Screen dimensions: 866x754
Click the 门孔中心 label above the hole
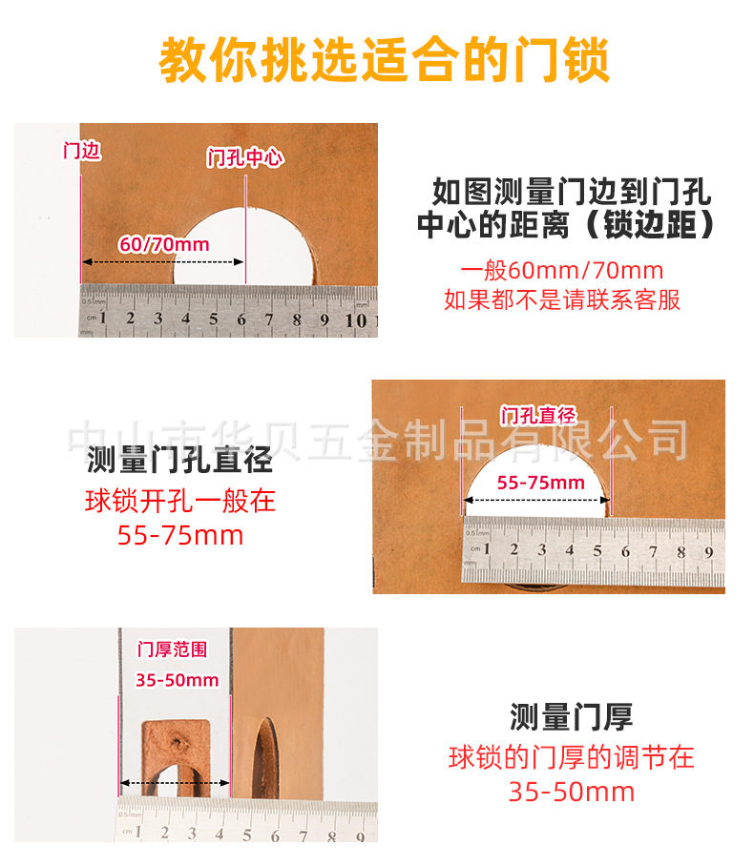click(x=245, y=158)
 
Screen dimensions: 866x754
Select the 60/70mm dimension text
click(x=163, y=244)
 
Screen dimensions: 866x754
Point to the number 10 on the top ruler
click(x=356, y=320)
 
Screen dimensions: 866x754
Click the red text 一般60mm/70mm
click(x=561, y=270)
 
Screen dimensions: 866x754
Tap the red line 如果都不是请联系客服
click(x=561, y=299)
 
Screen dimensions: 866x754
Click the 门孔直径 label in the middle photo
click(x=537, y=415)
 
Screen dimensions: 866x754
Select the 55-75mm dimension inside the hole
click(x=540, y=483)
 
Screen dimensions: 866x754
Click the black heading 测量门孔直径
click(x=179, y=461)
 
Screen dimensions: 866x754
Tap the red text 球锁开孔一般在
click(x=179, y=501)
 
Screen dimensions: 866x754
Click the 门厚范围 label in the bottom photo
click(x=172, y=650)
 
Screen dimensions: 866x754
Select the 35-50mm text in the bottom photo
click(x=177, y=680)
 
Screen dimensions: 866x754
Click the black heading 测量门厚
click(x=571, y=716)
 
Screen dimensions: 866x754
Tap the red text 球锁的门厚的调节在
click(x=571, y=758)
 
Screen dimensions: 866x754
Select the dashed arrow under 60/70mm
click(x=163, y=261)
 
